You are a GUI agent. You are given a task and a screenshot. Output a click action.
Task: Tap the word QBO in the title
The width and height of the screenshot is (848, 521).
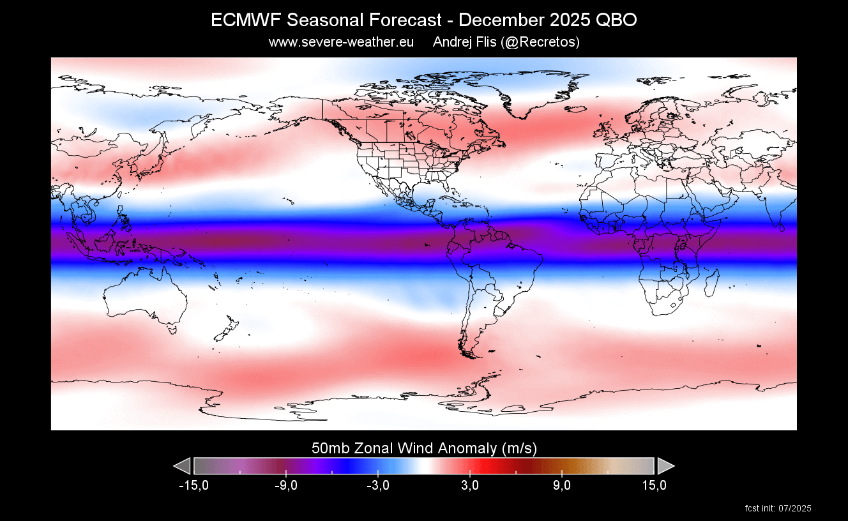tap(616, 20)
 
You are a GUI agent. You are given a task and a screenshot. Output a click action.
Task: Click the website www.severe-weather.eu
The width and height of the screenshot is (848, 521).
tap(341, 42)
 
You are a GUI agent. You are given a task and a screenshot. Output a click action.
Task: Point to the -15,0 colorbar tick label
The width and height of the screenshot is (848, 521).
tap(193, 486)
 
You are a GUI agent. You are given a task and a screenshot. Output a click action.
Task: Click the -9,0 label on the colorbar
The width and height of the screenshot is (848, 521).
tap(285, 486)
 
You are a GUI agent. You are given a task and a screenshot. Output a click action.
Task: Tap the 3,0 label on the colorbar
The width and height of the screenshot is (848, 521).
tap(470, 486)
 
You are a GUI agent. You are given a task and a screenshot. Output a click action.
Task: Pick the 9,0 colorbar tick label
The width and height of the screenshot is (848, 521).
tap(562, 486)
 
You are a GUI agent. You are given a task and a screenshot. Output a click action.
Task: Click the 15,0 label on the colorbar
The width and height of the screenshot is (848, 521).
tap(654, 486)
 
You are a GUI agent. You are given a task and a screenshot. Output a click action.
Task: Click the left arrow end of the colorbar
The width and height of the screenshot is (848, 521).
tap(183, 465)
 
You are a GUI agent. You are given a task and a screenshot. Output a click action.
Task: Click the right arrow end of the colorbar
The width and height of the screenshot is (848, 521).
tap(665, 465)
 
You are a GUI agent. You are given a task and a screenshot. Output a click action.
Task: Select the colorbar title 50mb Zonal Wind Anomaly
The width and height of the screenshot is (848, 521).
tap(423, 448)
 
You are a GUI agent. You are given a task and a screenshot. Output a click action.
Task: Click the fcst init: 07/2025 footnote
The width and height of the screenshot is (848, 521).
tap(778, 509)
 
